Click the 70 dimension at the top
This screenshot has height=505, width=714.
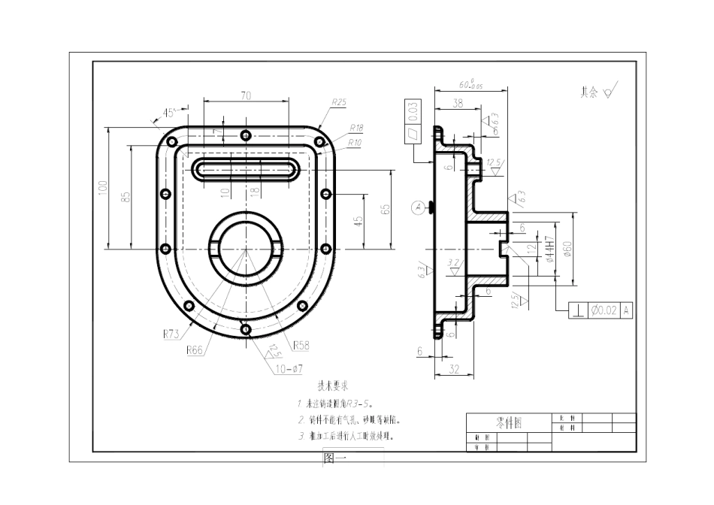coord(246,95)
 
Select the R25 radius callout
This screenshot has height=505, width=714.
coord(338,103)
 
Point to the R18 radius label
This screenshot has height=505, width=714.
coord(355,129)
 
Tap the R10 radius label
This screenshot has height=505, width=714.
coord(354,141)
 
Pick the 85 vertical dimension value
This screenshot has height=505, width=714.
coord(126,197)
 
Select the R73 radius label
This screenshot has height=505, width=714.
coord(171,334)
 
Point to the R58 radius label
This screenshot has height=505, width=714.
coord(301,346)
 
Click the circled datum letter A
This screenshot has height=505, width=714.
coord(418,207)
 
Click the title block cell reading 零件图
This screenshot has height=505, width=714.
coord(509,423)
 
